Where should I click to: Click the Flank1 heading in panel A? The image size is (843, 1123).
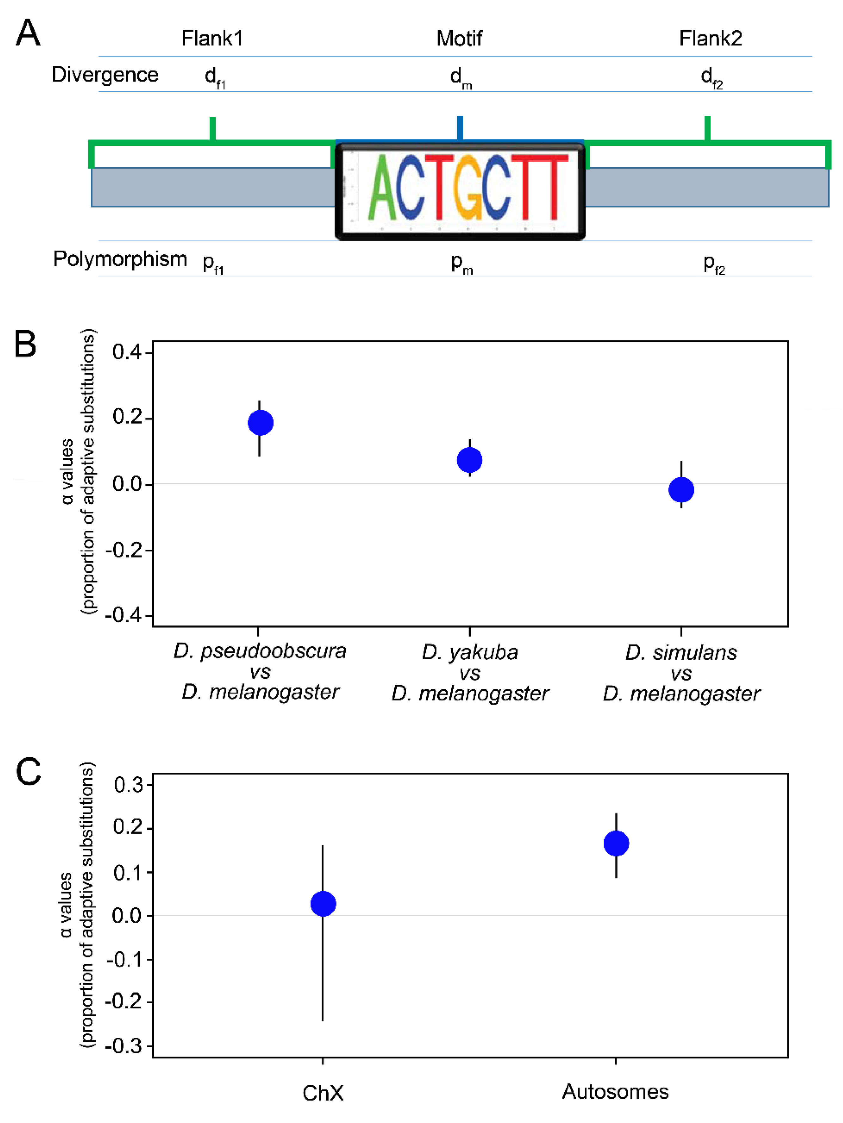[x=212, y=39]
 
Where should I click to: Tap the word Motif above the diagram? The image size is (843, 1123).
[x=459, y=39]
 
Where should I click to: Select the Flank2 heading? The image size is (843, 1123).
[x=711, y=39]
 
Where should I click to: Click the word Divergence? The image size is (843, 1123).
[x=105, y=75]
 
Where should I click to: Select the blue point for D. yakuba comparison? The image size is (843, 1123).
[x=470, y=460]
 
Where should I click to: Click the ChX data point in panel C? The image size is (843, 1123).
[x=323, y=904]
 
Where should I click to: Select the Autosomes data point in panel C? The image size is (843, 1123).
[x=616, y=843]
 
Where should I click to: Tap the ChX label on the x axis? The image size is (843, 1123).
[x=323, y=1093]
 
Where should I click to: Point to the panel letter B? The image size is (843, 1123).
[x=25, y=344]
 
